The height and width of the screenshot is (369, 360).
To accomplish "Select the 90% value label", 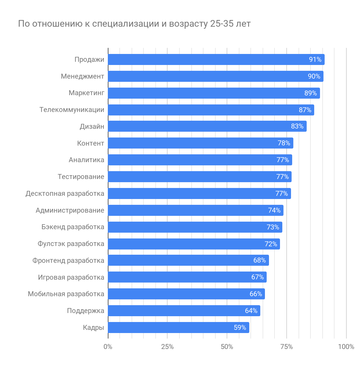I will click(314, 76).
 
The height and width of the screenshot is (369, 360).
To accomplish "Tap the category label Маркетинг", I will click(86, 93).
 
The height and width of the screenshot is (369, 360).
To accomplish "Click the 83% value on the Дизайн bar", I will click(297, 126).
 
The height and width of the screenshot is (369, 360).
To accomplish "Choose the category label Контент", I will click(90, 143).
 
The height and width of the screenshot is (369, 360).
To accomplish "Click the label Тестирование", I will click(81, 177).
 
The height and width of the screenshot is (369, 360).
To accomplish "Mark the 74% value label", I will click(274, 210).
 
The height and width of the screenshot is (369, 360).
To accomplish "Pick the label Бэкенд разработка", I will click(73, 227).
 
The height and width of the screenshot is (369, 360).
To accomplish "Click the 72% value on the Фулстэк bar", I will click(271, 244).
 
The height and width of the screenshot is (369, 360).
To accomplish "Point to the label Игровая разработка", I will click(71, 277).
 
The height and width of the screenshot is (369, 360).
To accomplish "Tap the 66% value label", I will click(256, 294).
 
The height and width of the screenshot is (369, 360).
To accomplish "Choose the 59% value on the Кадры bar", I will click(240, 328).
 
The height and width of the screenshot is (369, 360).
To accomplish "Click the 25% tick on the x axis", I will click(167, 347).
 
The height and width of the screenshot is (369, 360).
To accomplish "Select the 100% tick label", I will click(346, 347).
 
